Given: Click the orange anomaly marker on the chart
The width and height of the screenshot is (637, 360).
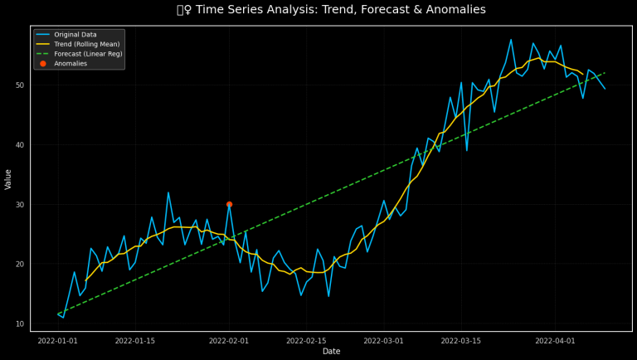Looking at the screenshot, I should pos(229,204).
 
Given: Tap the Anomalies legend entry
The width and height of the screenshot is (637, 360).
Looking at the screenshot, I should pos(71,64).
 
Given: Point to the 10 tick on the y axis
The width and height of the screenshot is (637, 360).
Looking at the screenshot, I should pos(20,324).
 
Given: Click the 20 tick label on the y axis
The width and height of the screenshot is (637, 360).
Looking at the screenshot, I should pos(20,264).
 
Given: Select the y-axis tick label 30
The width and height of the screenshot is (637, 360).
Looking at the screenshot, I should pos(20,205).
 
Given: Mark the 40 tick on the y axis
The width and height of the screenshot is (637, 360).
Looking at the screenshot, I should pos(20,145).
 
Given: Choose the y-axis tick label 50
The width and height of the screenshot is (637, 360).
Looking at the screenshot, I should pos(20,85).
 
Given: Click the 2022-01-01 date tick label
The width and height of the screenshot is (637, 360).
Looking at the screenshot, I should pos(57,341).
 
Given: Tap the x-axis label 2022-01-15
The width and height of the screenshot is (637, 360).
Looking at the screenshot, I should pos(135,341).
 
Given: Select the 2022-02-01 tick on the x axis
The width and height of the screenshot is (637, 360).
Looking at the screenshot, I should pos(229,341).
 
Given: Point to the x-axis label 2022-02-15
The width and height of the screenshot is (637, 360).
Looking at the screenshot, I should pos(307,341).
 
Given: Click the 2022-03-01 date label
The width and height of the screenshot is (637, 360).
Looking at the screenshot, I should pos(384,341).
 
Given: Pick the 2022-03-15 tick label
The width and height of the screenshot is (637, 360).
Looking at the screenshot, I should pos(461,341).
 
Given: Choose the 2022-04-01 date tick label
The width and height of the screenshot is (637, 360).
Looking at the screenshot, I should pos(555,341).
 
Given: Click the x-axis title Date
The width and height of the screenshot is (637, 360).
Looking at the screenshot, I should pos(331,352).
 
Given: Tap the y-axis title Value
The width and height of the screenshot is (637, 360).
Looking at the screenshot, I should pos(8,178).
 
